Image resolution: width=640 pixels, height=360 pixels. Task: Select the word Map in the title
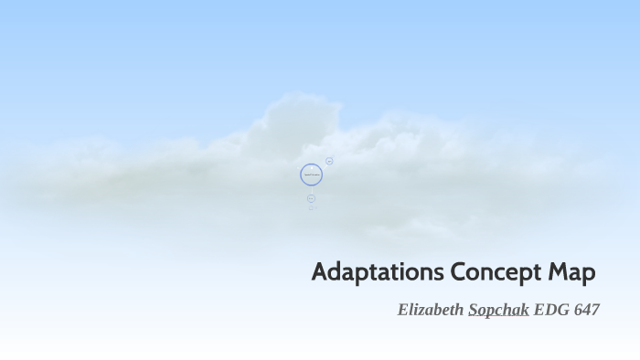[572, 272]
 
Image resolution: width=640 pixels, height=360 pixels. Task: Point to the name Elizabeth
[431, 310]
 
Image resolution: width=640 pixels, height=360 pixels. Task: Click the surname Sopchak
[498, 310]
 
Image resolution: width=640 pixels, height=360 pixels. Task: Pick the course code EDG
[551, 310]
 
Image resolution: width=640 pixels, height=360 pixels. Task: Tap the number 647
[586, 310]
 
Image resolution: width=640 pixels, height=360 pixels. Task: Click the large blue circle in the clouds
[311, 175]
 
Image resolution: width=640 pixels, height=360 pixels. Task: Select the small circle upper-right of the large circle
[329, 161]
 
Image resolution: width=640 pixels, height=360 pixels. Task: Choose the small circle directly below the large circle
[311, 198]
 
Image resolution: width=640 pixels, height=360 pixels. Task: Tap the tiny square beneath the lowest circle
[311, 207]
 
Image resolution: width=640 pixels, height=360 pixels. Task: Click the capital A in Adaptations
[319, 272]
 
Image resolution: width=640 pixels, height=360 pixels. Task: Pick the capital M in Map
[559, 272]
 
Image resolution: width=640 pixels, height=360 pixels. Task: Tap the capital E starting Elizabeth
[403, 310]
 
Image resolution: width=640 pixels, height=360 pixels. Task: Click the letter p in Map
[589, 274]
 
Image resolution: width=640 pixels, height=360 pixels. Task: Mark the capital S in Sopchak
[474, 310]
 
